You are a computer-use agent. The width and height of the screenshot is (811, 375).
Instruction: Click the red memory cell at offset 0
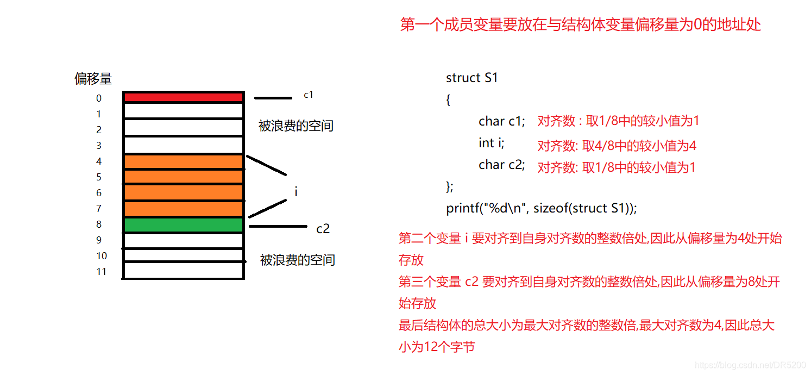(183, 97)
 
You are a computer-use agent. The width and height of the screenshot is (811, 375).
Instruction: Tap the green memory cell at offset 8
(183, 225)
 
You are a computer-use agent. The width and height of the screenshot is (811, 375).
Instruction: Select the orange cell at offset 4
(183, 162)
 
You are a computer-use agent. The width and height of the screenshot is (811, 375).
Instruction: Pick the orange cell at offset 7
(183, 209)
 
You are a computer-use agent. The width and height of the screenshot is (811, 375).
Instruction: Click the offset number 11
(101, 272)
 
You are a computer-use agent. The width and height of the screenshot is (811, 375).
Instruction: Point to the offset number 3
(99, 146)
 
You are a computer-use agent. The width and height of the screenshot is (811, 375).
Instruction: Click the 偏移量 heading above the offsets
(93, 79)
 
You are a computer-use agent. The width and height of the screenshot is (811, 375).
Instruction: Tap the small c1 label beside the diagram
(309, 95)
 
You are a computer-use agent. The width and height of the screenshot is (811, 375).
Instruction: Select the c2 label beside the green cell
(323, 229)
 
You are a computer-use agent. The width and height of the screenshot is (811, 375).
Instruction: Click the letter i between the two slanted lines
(296, 192)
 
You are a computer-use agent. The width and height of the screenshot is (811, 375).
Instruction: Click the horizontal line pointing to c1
(273, 98)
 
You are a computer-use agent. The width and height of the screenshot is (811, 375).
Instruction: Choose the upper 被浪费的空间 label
(296, 126)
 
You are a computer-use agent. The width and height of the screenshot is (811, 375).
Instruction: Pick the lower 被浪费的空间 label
(297, 260)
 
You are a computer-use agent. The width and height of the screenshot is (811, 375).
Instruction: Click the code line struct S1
(471, 78)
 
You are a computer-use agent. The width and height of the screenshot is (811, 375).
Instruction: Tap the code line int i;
(492, 143)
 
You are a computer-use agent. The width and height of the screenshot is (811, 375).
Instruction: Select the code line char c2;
(502, 165)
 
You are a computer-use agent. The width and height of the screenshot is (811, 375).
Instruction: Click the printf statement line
(541, 208)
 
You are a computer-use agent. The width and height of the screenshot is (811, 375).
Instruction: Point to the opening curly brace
(448, 100)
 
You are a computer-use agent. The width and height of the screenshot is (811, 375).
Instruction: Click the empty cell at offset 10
(183, 255)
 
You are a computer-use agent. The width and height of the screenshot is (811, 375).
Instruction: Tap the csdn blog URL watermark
(751, 366)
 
